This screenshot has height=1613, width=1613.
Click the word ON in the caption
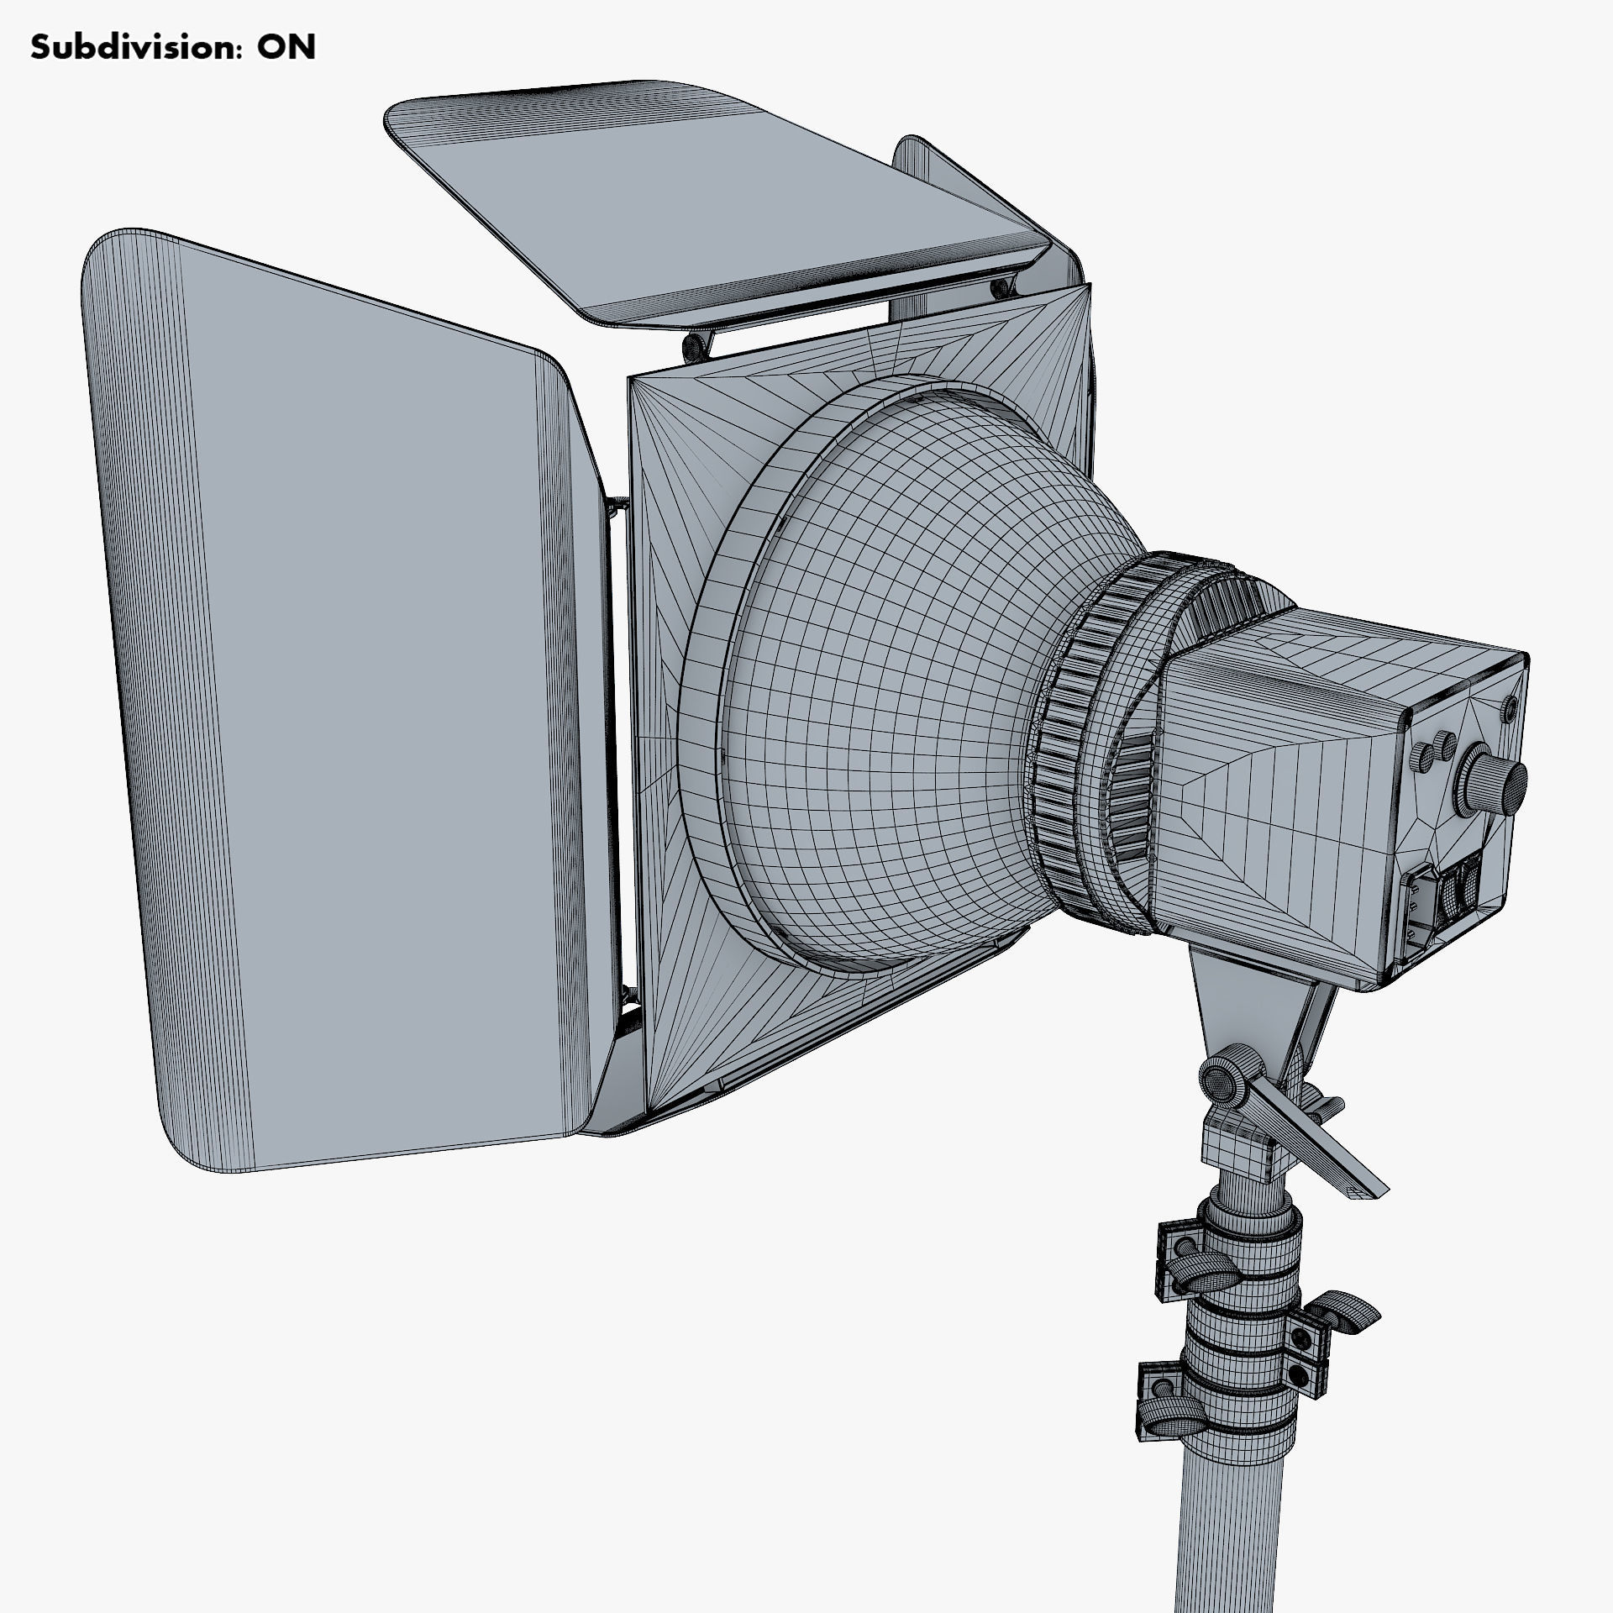click(x=286, y=48)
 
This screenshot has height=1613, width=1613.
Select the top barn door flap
click(x=714, y=202)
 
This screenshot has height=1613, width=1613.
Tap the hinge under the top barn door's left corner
click(x=696, y=344)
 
